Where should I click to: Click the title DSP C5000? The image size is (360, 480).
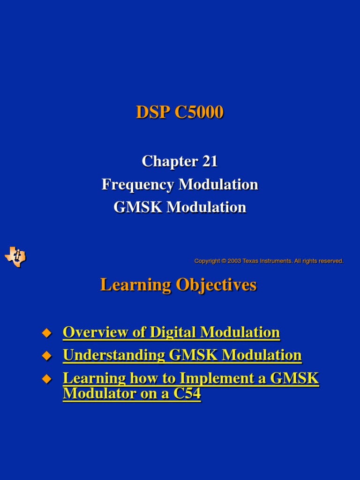tap(180, 112)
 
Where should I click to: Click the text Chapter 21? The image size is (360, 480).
tap(180, 162)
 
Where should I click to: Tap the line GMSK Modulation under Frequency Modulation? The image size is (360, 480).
tap(180, 207)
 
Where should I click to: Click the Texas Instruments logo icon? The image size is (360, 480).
tap(15, 257)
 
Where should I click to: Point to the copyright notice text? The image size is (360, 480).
tap(269, 261)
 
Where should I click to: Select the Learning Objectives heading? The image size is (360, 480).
tap(178, 285)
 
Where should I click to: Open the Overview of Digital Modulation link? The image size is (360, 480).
tap(171, 332)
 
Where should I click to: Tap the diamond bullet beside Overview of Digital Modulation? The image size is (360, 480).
tap(46, 333)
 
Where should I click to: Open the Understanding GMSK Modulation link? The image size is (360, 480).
tap(182, 355)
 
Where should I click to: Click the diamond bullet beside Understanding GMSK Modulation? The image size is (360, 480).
tap(46, 356)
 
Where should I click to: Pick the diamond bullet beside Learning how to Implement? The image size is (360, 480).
tap(46, 379)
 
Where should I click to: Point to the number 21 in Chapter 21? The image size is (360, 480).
tap(210, 162)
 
